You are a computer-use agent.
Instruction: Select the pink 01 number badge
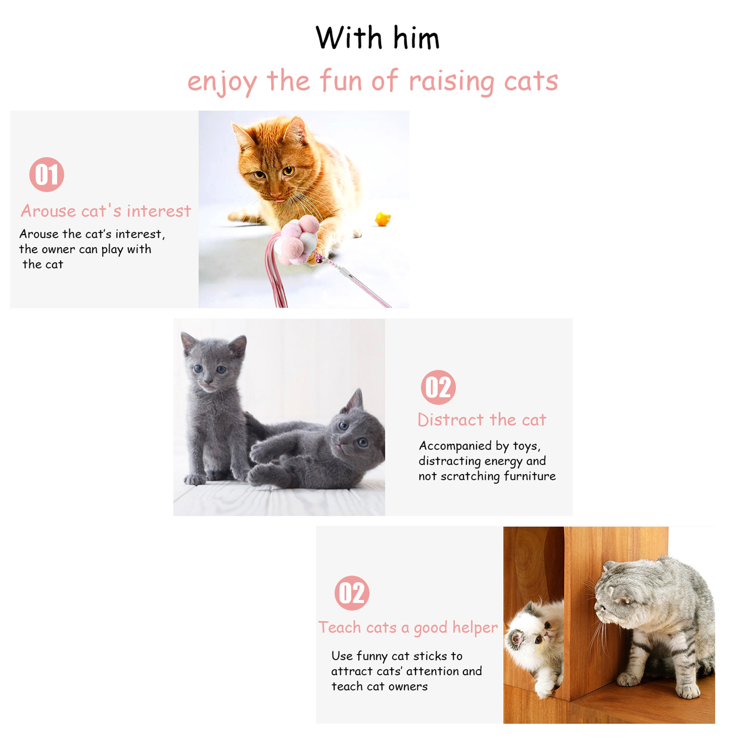47,174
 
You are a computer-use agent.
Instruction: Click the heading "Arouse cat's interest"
106,211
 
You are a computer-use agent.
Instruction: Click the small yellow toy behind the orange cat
383,218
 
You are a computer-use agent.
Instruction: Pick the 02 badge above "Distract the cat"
438,387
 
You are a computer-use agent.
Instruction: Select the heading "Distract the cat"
482,420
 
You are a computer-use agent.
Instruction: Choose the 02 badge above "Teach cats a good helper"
352,593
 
